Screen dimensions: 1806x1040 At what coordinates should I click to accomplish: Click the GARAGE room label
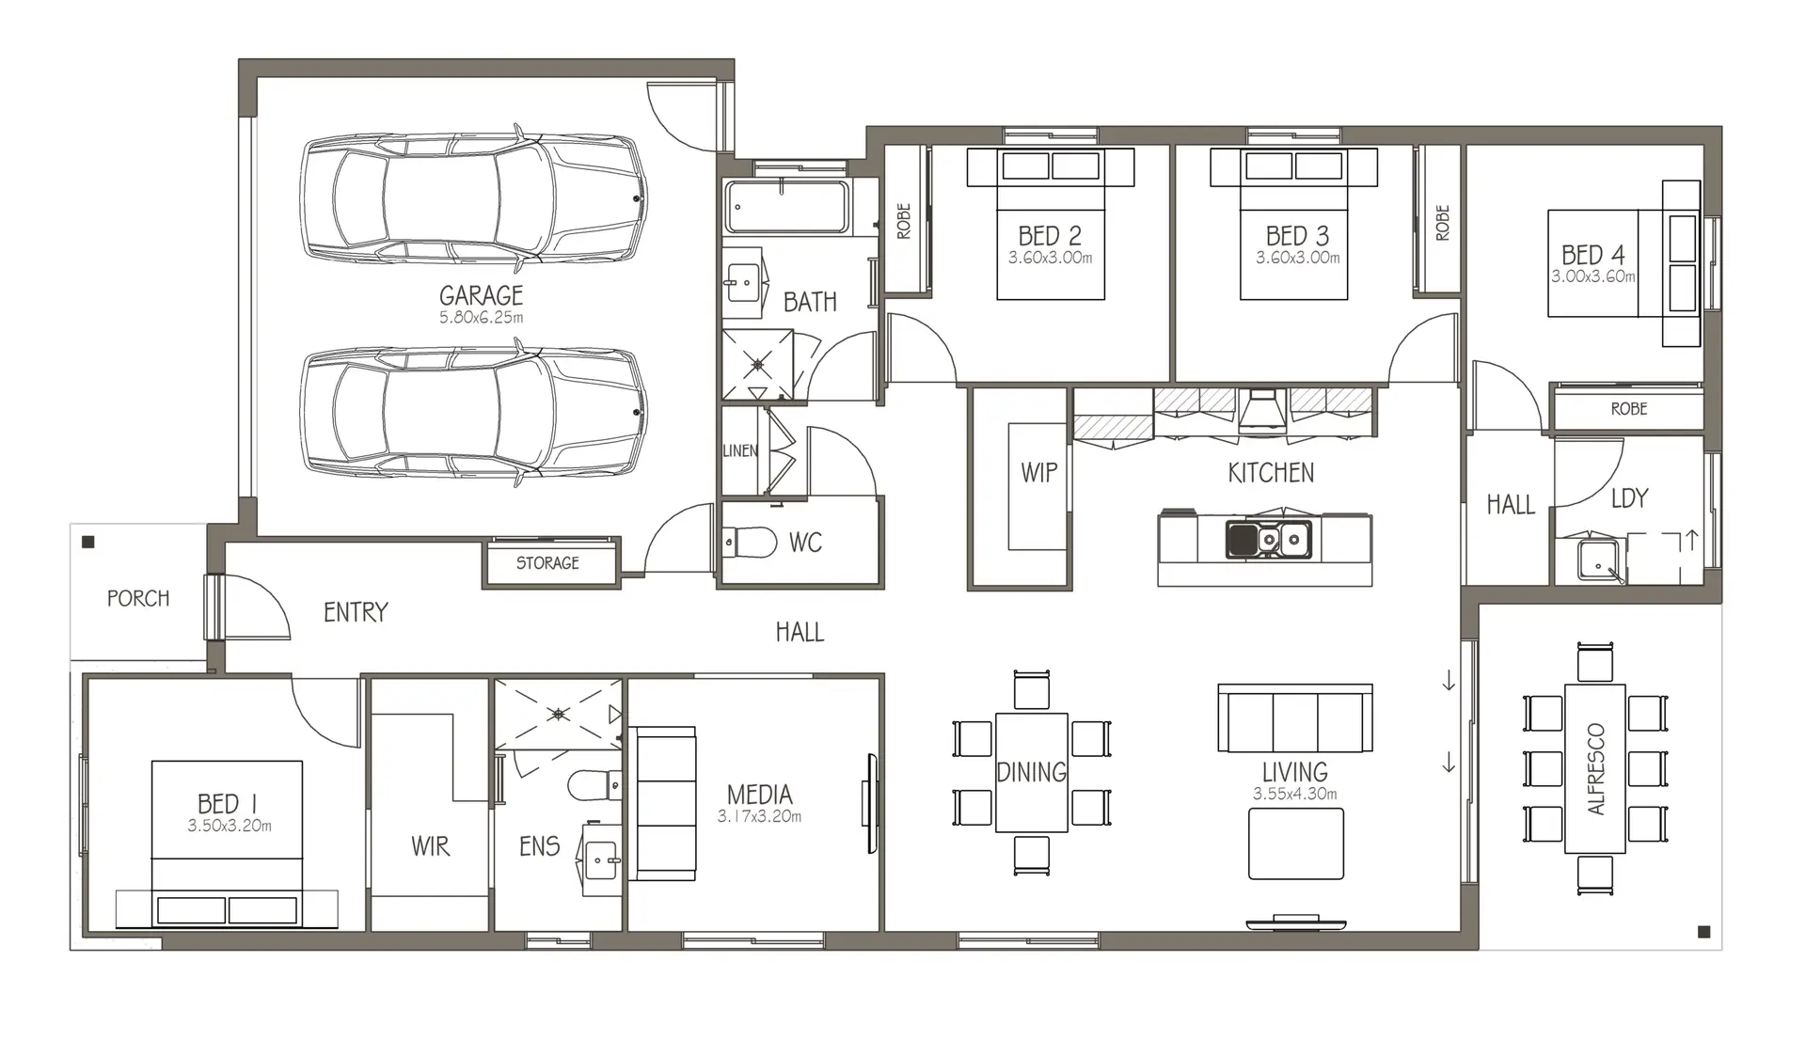[481, 295]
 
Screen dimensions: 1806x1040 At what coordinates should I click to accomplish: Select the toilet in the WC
[750, 543]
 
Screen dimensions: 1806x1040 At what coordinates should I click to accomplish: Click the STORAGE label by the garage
[547, 563]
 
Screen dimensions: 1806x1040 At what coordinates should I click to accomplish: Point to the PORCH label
[138, 598]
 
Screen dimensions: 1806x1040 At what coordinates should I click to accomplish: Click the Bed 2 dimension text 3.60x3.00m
[1050, 258]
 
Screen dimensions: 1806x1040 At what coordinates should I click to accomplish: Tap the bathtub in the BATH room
[787, 207]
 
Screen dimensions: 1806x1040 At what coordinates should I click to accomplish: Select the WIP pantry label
[1039, 472]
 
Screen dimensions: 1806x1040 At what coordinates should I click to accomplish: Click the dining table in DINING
[1031, 772]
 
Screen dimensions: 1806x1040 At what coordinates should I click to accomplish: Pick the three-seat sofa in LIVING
[1294, 718]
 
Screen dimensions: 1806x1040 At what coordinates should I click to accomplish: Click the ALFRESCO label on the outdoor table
[1595, 769]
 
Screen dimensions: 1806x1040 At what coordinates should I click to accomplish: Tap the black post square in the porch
[88, 542]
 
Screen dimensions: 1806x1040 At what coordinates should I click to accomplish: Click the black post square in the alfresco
[1703, 932]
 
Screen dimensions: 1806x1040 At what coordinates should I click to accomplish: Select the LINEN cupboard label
[740, 451]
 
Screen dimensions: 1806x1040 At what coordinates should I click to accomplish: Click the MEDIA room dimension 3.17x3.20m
[759, 816]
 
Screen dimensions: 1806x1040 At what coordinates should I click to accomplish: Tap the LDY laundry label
[1629, 498]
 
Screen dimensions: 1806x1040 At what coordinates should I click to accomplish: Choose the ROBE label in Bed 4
[1629, 409]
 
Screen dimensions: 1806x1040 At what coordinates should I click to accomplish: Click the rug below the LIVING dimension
[1296, 843]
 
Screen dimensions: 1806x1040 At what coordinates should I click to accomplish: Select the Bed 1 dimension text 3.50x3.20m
[230, 826]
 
